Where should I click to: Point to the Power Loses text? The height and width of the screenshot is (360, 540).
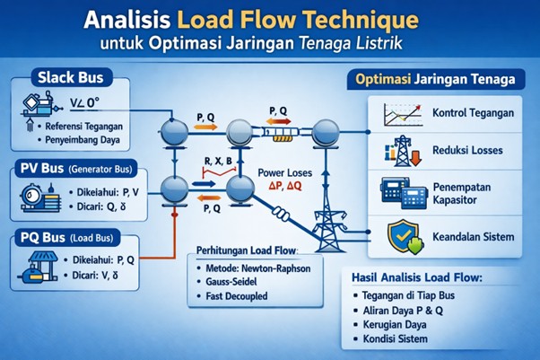[286, 171]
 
